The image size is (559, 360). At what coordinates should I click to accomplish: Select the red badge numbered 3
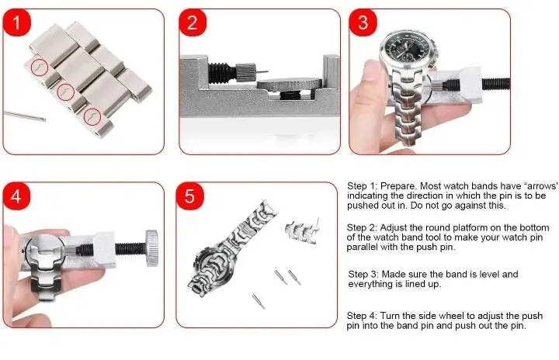tap(362, 22)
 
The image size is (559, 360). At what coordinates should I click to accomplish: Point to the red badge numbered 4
tap(16, 196)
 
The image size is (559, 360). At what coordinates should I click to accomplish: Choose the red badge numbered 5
tap(191, 196)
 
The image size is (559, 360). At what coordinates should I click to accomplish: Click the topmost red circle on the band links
tap(40, 68)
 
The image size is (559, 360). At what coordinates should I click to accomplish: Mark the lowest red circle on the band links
tap(92, 117)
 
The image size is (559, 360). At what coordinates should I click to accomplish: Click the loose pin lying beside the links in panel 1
tap(23, 116)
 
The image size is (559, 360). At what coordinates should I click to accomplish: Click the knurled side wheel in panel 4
tap(155, 248)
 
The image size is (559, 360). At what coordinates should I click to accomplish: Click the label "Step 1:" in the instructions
tap(363, 187)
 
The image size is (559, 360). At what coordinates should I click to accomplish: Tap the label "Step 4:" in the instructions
tap(363, 316)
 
